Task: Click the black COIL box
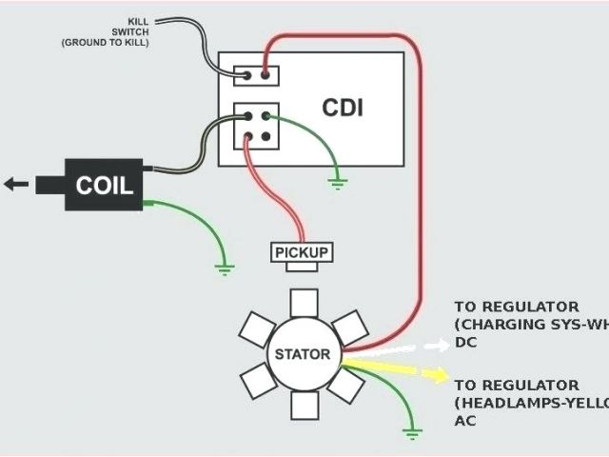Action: click(98, 184)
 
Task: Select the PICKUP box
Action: click(302, 252)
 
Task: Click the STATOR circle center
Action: click(303, 355)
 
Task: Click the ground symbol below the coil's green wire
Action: click(224, 268)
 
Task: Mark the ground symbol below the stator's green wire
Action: click(412, 434)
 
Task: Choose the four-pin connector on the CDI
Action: click(257, 127)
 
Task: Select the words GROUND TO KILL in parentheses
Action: click(106, 43)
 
